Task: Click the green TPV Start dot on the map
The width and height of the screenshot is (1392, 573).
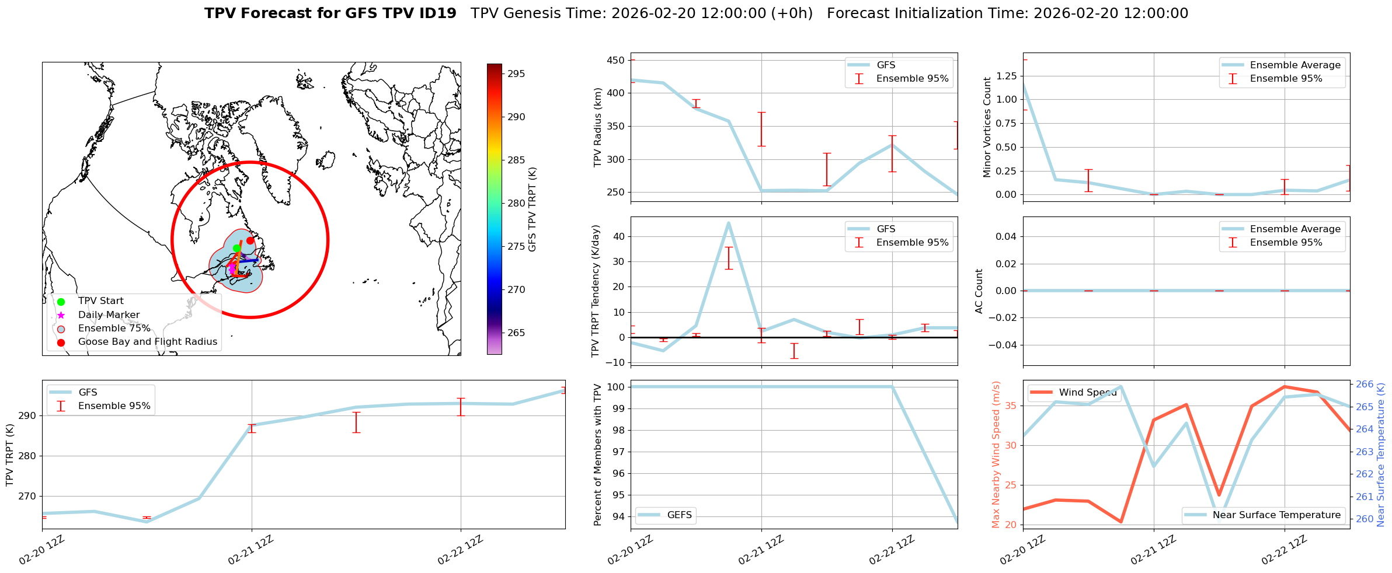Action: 236,248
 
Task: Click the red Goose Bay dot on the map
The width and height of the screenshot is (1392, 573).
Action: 250,240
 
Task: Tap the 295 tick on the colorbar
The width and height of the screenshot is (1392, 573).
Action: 516,74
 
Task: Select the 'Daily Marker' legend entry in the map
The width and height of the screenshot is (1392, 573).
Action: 109,315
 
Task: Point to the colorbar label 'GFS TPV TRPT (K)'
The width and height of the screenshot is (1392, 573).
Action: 532,209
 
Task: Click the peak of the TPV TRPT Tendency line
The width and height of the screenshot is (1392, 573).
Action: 728,222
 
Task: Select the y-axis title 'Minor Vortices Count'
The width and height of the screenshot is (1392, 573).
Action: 987,127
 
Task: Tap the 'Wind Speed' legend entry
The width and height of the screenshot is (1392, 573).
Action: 1087,392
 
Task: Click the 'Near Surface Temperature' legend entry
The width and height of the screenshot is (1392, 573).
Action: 1276,515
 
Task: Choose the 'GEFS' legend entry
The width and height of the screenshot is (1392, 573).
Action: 679,515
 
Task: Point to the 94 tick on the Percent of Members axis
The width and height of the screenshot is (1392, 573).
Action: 618,516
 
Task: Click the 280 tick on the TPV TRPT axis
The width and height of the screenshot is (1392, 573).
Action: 28,456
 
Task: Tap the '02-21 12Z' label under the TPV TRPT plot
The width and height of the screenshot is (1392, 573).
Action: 251,550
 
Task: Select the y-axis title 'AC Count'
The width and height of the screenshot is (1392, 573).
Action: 979,291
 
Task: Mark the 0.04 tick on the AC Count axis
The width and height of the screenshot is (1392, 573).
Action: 1004,236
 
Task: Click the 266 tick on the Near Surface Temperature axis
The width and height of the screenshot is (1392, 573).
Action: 1365,384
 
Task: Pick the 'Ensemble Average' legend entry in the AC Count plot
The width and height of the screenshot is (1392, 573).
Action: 1294,229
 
